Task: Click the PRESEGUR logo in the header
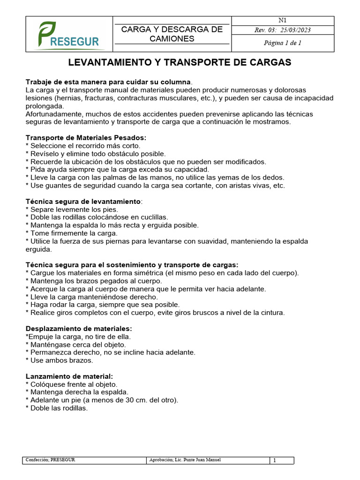(69, 35)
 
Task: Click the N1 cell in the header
(282, 20)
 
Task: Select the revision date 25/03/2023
(295, 30)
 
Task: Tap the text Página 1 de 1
(282, 43)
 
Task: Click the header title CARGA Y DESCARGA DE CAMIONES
(172, 34)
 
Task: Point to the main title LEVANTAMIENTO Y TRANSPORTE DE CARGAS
(180, 62)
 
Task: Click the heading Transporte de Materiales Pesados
(86, 138)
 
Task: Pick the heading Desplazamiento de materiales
(79, 329)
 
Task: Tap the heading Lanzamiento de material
(69, 376)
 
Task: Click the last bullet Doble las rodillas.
(59, 408)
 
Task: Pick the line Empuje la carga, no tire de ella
(78, 337)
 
